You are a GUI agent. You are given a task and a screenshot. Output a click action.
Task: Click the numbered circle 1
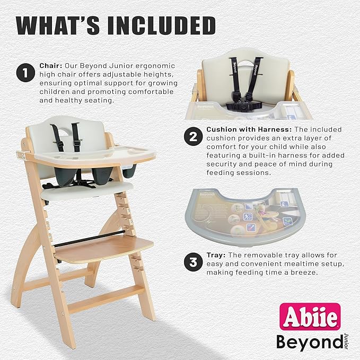(24, 73)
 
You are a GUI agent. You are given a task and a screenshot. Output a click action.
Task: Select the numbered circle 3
(192, 261)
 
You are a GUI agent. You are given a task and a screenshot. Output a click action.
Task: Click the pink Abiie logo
(311, 317)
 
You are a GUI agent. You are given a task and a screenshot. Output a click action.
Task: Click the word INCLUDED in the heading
(156, 25)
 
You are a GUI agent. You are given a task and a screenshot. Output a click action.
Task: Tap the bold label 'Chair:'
(52, 66)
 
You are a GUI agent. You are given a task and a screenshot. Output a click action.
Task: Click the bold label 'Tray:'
(216, 255)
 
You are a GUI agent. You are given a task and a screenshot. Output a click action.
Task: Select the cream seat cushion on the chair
(87, 190)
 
